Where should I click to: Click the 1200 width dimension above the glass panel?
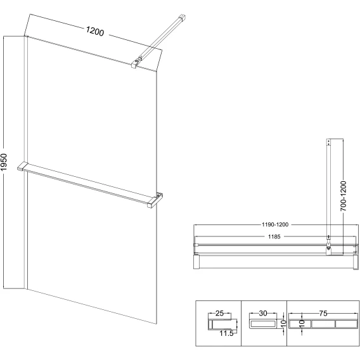(95, 31)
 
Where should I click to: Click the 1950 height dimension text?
(4, 162)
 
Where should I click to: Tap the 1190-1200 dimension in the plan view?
(275, 224)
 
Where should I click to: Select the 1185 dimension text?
(274, 236)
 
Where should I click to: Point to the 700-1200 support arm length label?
(343, 196)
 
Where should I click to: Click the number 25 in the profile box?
(219, 313)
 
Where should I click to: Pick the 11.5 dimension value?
(226, 333)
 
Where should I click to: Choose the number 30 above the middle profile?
(263, 313)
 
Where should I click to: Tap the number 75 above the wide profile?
(323, 313)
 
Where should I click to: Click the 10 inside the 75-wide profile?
(302, 323)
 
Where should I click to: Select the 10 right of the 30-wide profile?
(283, 323)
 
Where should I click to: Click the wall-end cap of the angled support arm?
(182, 18)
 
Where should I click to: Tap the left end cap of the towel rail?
(22, 166)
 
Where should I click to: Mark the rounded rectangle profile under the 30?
(263, 324)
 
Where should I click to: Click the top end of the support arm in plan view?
(328, 142)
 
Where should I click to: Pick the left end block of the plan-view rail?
(196, 261)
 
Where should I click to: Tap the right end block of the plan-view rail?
(356, 261)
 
